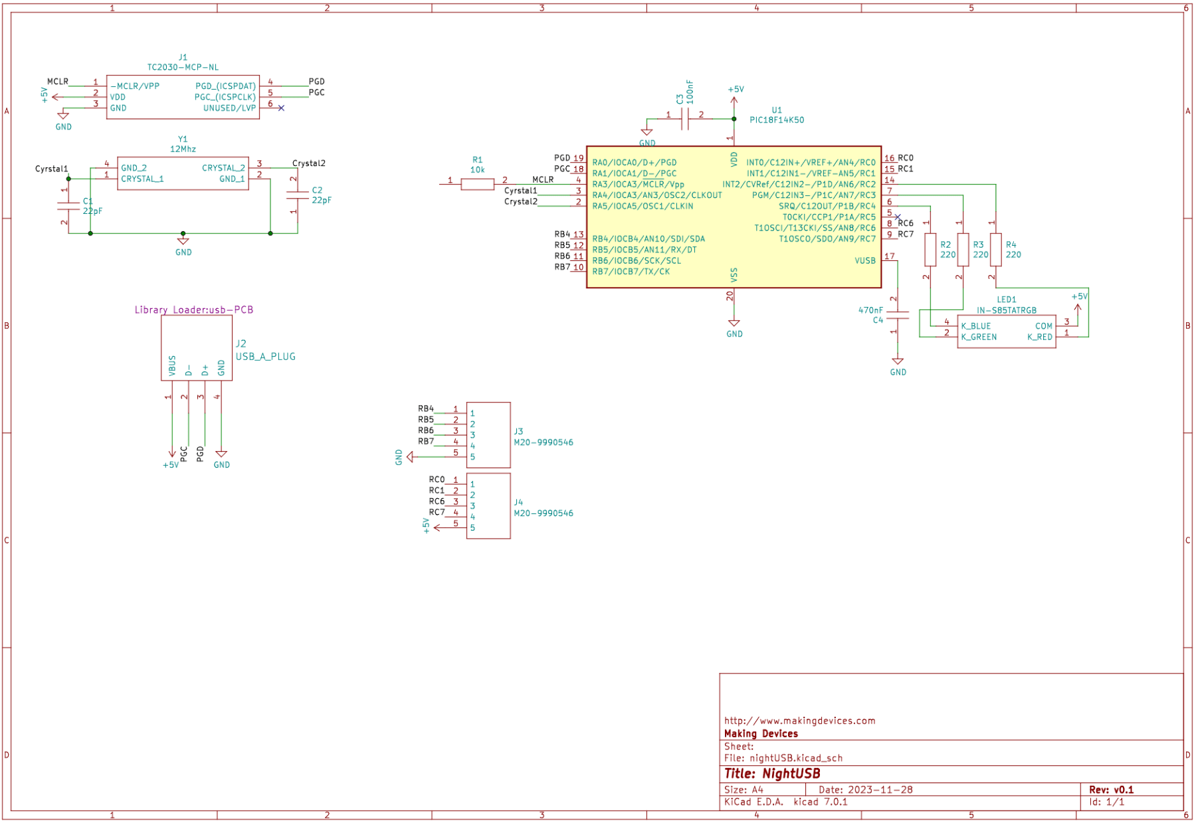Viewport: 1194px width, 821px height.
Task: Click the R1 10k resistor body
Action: (477, 184)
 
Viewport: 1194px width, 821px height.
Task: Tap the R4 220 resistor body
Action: (995, 250)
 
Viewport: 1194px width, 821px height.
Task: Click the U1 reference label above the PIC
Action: (776, 110)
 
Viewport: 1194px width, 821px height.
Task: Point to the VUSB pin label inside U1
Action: (864, 260)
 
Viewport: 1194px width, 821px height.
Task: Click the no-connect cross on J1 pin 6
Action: (281, 108)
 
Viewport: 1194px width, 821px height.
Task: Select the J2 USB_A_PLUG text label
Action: (265, 356)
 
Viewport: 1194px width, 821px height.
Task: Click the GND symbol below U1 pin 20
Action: (734, 324)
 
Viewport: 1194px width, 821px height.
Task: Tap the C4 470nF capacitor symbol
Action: (897, 316)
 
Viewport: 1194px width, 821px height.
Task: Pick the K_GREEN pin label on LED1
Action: (978, 337)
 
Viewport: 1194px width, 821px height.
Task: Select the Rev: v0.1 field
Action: (1111, 789)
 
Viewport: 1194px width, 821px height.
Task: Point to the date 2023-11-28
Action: (880, 789)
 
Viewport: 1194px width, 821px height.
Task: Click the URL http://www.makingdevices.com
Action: (799, 720)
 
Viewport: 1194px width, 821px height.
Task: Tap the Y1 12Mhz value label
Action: (183, 149)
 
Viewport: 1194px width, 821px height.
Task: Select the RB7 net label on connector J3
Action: (425, 441)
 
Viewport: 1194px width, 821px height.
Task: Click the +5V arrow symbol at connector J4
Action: (437, 527)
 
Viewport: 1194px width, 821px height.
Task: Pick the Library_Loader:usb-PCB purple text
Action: (193, 310)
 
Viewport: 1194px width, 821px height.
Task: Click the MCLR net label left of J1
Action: (57, 82)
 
